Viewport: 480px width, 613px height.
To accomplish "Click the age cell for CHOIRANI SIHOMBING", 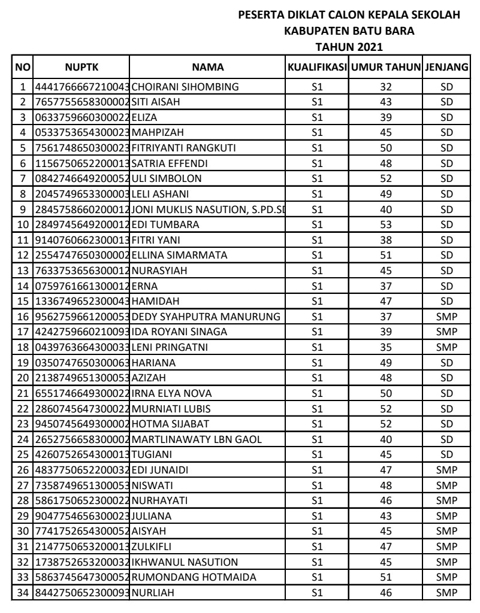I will point(387,87).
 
